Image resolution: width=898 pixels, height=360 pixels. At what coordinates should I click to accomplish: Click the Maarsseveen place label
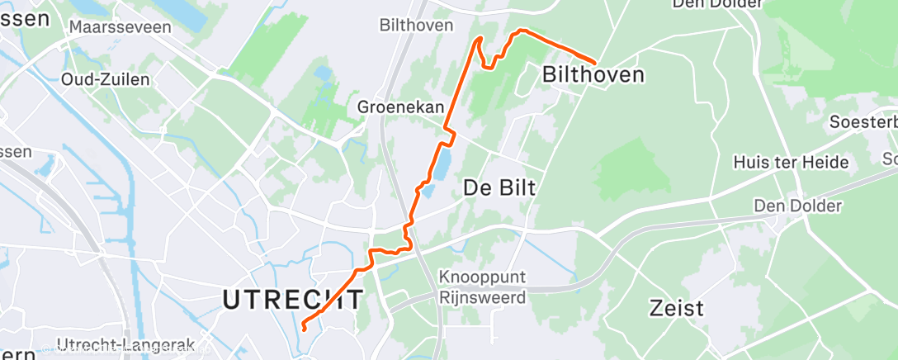(121, 27)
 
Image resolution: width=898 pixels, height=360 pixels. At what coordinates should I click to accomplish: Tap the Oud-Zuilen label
(106, 79)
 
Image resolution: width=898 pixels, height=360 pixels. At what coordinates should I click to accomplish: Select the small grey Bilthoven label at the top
(416, 26)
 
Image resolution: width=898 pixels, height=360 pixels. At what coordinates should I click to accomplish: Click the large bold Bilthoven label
(593, 75)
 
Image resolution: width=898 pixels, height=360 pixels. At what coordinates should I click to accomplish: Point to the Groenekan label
(400, 107)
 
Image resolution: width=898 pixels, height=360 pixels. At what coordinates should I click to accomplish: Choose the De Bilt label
(499, 187)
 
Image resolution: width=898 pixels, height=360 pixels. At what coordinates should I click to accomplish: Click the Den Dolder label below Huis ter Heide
(797, 206)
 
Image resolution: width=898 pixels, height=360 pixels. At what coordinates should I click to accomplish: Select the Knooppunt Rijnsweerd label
(483, 287)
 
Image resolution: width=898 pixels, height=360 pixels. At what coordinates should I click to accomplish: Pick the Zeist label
(676, 309)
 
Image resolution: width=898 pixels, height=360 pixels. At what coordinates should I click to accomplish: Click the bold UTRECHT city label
(293, 300)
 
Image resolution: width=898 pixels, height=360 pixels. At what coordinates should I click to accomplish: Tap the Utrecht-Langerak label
(125, 343)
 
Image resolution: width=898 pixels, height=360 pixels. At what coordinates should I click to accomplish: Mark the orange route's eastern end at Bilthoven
(595, 61)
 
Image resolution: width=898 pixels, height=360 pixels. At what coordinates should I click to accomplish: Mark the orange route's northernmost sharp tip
(479, 39)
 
